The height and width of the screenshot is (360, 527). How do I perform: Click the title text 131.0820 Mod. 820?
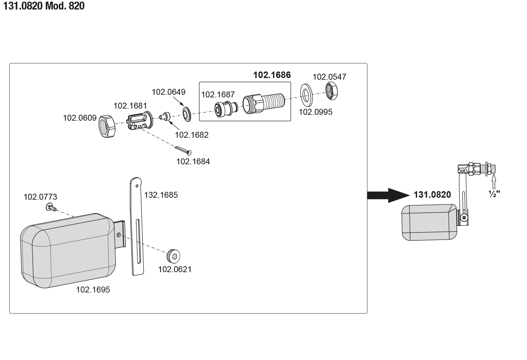(x=44, y=6)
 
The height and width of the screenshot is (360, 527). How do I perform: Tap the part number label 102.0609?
(x=79, y=118)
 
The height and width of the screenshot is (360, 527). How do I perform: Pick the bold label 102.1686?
(x=272, y=75)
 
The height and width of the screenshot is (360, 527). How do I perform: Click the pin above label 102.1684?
(x=183, y=150)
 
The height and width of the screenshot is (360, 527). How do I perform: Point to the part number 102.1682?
(x=191, y=135)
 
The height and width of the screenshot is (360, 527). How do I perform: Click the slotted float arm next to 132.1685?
(x=137, y=226)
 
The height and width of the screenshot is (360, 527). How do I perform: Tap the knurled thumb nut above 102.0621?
(x=174, y=256)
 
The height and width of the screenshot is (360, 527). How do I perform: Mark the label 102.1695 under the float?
(x=93, y=290)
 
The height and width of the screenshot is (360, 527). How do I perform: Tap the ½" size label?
(x=494, y=194)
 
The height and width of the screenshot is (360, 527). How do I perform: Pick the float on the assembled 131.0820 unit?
(x=429, y=222)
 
